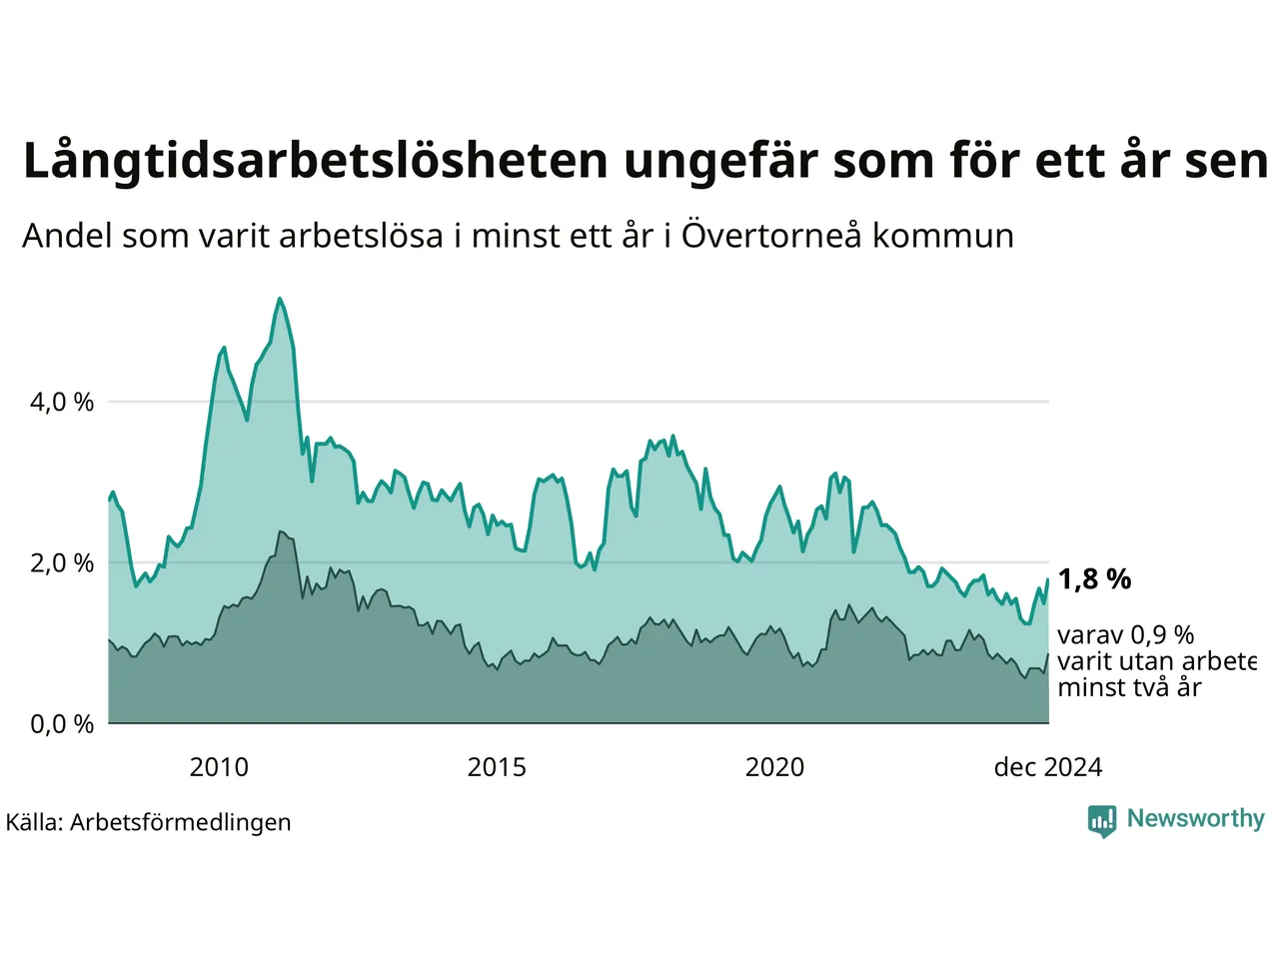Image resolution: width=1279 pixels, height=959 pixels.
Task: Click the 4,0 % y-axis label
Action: coord(62,403)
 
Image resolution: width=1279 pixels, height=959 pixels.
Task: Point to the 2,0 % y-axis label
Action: coord(62,563)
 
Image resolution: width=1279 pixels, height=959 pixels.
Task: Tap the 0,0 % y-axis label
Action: coord(62,724)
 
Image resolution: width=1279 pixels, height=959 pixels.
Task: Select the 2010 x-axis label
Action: coord(219,767)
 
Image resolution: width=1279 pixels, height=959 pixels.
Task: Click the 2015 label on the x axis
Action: coord(497,767)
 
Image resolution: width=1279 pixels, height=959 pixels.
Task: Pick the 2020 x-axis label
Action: coord(774,767)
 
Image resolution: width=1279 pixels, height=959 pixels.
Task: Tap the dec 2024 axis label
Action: coord(1047,767)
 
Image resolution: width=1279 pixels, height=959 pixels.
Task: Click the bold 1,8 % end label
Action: coord(1094,579)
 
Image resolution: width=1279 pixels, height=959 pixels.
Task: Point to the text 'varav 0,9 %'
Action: coord(1125,635)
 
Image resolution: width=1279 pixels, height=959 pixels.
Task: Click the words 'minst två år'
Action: coord(1129,687)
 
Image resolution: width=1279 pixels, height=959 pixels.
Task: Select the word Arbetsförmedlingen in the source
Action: coord(181,822)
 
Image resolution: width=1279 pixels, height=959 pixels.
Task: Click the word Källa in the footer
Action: coord(34,822)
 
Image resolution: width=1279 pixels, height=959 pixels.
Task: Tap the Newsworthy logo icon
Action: coord(1102,821)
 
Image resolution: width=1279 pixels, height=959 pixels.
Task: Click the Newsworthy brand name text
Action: coord(1195,819)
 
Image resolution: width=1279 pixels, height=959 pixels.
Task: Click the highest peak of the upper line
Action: coord(280,298)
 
